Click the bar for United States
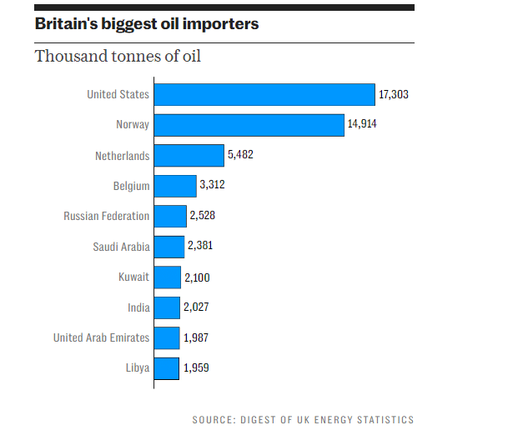[x=264, y=94]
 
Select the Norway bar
[x=249, y=125]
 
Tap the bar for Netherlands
[x=189, y=156]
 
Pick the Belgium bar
[x=174, y=186]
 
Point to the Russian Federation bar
[x=169, y=217]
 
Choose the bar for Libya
[x=166, y=368]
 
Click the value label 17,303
[x=394, y=95]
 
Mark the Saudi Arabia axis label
[x=122, y=247]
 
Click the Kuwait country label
[x=134, y=277]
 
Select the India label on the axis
[x=138, y=307]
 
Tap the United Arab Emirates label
[x=101, y=337]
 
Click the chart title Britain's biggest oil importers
[x=147, y=24]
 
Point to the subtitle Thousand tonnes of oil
[x=118, y=57]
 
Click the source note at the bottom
[x=303, y=420]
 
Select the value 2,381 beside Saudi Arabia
[x=202, y=247]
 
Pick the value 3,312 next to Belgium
[x=213, y=186]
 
